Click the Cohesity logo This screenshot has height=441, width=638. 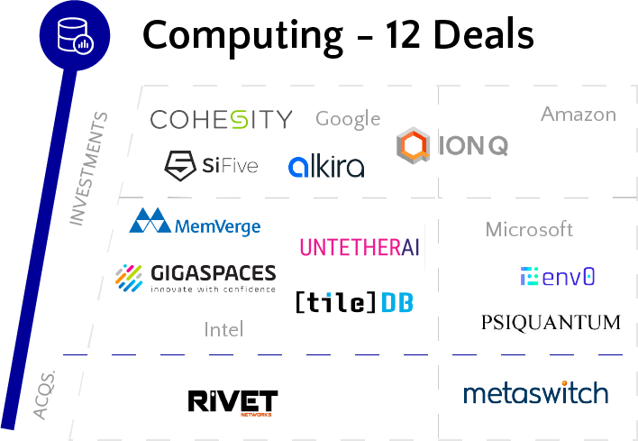pyautogui.click(x=221, y=119)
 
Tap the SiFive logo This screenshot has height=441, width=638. pyautogui.click(x=211, y=164)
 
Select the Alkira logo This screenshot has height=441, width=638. pyautogui.click(x=326, y=166)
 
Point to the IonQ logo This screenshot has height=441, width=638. pyautogui.click(x=451, y=146)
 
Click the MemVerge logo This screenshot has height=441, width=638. pyautogui.click(x=195, y=222)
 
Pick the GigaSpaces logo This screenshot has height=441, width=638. pyautogui.click(x=196, y=278)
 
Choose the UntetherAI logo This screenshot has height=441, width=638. pyautogui.click(x=360, y=247)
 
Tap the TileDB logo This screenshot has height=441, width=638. pyautogui.click(x=354, y=302)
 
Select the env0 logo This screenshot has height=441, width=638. pyautogui.click(x=557, y=277)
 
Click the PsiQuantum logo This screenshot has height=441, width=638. pyautogui.click(x=551, y=322)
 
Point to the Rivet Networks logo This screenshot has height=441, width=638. pyautogui.click(x=232, y=402)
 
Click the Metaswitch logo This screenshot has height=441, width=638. pyautogui.click(x=535, y=394)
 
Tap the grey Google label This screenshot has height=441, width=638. pyautogui.click(x=348, y=119)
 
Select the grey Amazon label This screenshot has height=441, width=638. pyautogui.click(x=578, y=115)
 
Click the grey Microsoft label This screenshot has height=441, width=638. pyautogui.click(x=529, y=229)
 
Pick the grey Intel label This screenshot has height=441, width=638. pyautogui.click(x=223, y=329)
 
